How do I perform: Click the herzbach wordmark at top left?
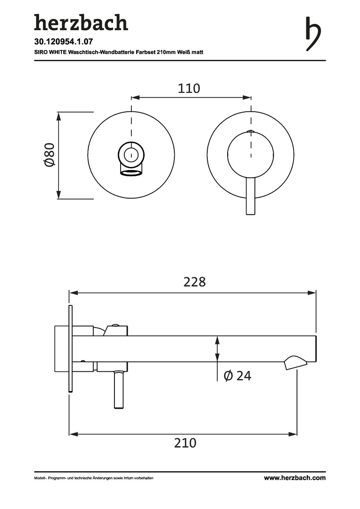tap(81, 23)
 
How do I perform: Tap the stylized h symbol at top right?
tap(313, 34)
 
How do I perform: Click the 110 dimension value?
tap(189, 88)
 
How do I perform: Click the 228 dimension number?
tap(195, 282)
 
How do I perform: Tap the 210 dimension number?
tap(185, 443)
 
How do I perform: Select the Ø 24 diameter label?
tap(237, 376)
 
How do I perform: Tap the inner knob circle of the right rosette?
tap(250, 155)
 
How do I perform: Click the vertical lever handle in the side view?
tap(119, 390)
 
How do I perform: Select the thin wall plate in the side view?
tap(70, 349)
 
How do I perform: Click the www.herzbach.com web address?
tap(295, 477)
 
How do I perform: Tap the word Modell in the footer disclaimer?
tap(40, 478)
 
